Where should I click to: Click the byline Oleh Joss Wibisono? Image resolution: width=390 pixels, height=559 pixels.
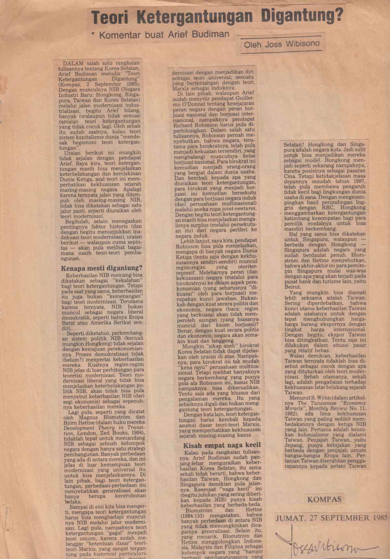pyautogui.click(x=282, y=44)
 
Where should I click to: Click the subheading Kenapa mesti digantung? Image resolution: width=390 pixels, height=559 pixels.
pyautogui.click(x=102, y=268)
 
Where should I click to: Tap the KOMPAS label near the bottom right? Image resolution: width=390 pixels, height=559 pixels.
pyautogui.click(x=324, y=499)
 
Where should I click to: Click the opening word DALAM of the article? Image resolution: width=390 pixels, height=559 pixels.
pyautogui.click(x=73, y=63)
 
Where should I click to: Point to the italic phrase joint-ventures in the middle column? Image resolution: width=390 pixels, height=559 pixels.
pyautogui.click(x=240, y=209)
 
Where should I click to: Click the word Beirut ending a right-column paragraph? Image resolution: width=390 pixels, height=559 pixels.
pyautogui.click(x=292, y=287)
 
